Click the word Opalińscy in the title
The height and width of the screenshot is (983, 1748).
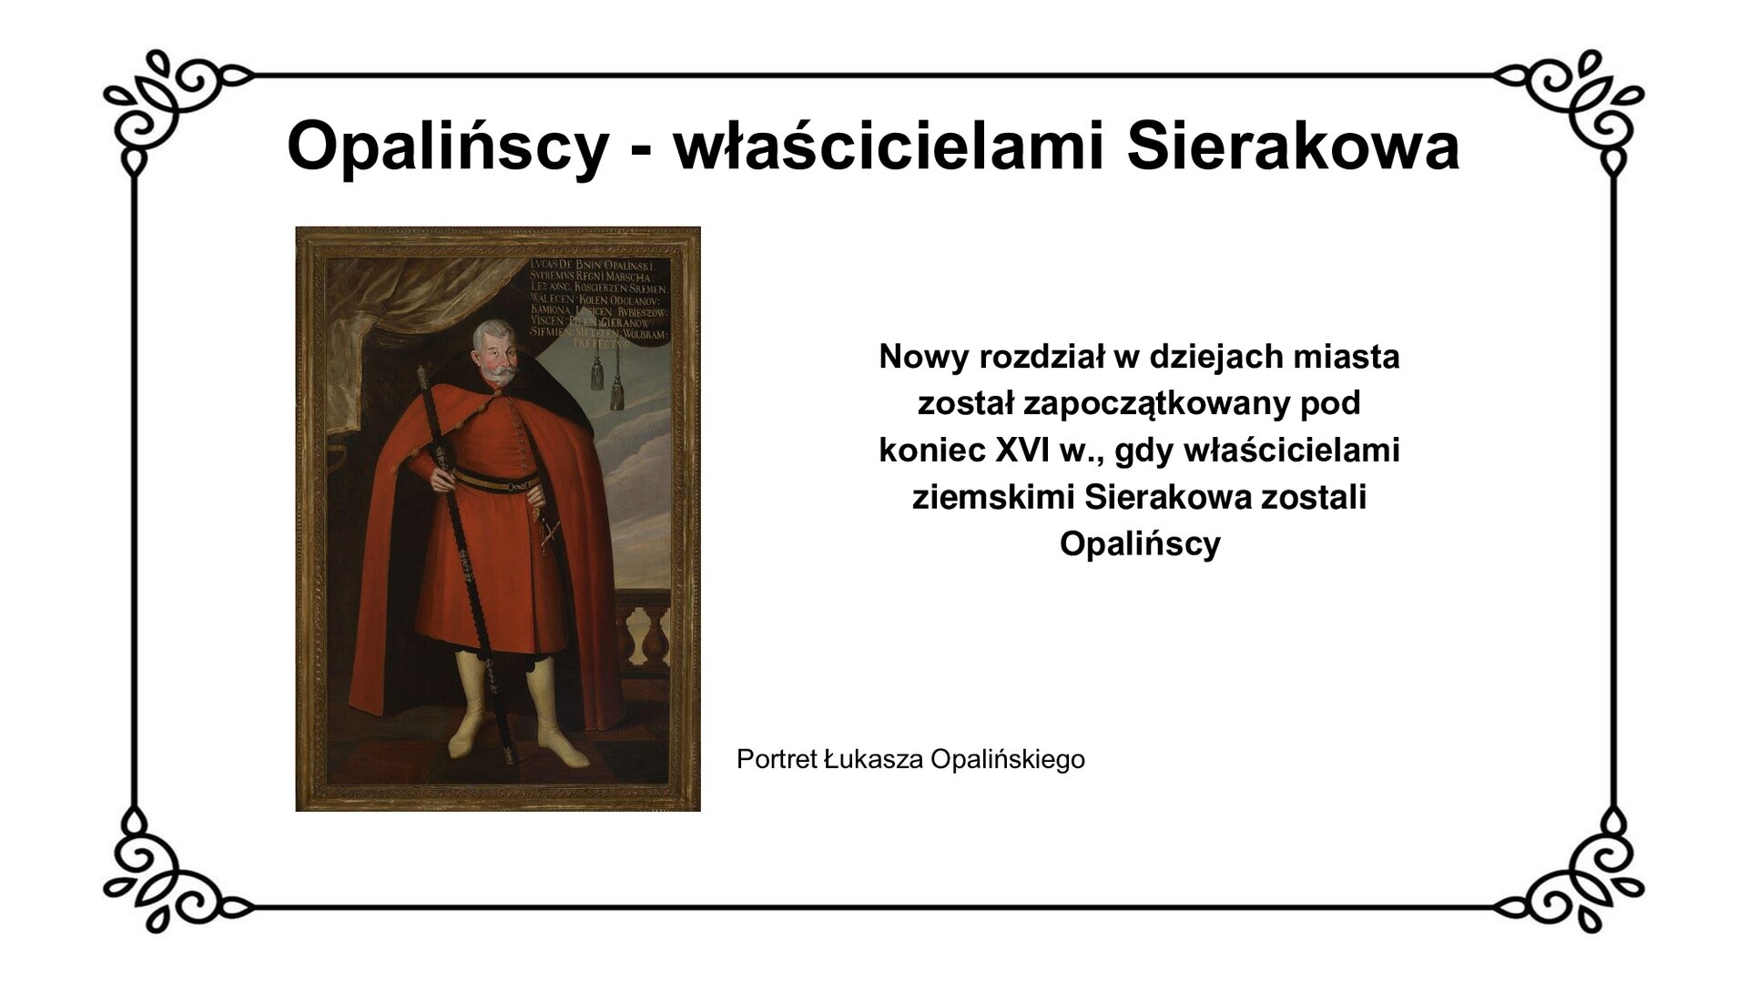click(446, 146)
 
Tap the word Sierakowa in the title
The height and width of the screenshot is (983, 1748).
click(1293, 146)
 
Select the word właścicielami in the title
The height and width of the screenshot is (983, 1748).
click(888, 146)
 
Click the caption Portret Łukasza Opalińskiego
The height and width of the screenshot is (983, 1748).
click(910, 759)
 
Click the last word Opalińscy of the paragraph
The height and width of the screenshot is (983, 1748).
click(1140, 544)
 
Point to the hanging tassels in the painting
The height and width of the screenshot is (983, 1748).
click(607, 378)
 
